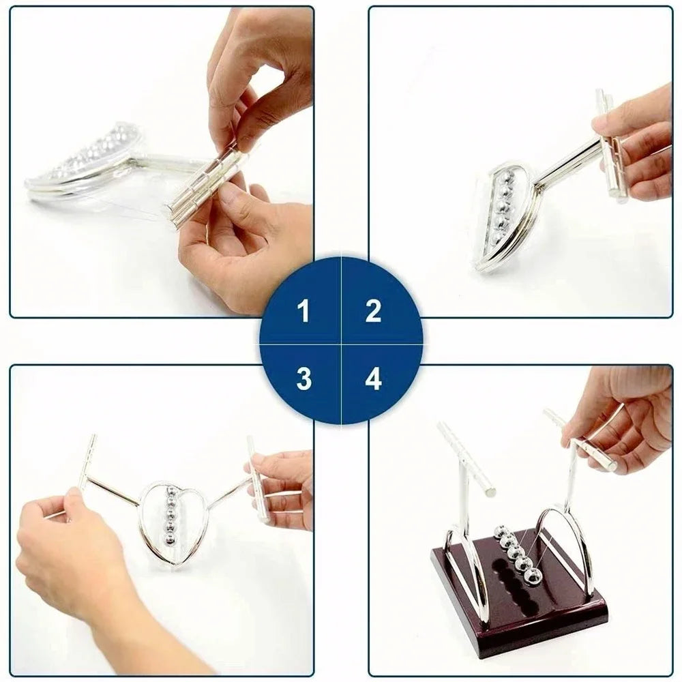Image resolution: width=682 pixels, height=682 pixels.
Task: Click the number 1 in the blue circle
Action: point(303,312)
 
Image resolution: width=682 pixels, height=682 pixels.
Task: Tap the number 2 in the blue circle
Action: point(373,312)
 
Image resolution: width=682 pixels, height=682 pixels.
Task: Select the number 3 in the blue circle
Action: point(304,379)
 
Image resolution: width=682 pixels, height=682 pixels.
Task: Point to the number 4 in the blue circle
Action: point(373,379)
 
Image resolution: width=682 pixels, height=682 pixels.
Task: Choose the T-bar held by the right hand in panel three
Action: point(258,478)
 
